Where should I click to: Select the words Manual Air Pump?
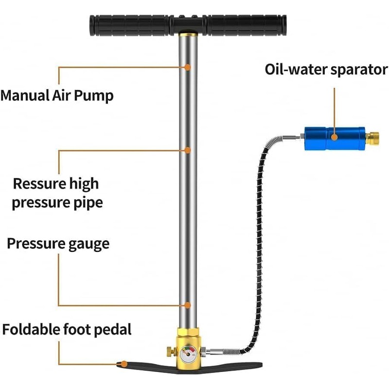click(57, 95)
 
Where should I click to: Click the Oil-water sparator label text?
click(326, 69)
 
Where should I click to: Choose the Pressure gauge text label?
click(58, 243)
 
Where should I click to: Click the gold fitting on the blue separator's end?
click(373, 138)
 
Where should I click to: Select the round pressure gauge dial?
click(187, 352)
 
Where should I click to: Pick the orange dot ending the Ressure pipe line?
click(188, 150)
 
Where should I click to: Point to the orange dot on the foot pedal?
click(125, 364)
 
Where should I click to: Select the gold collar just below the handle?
click(187, 34)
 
